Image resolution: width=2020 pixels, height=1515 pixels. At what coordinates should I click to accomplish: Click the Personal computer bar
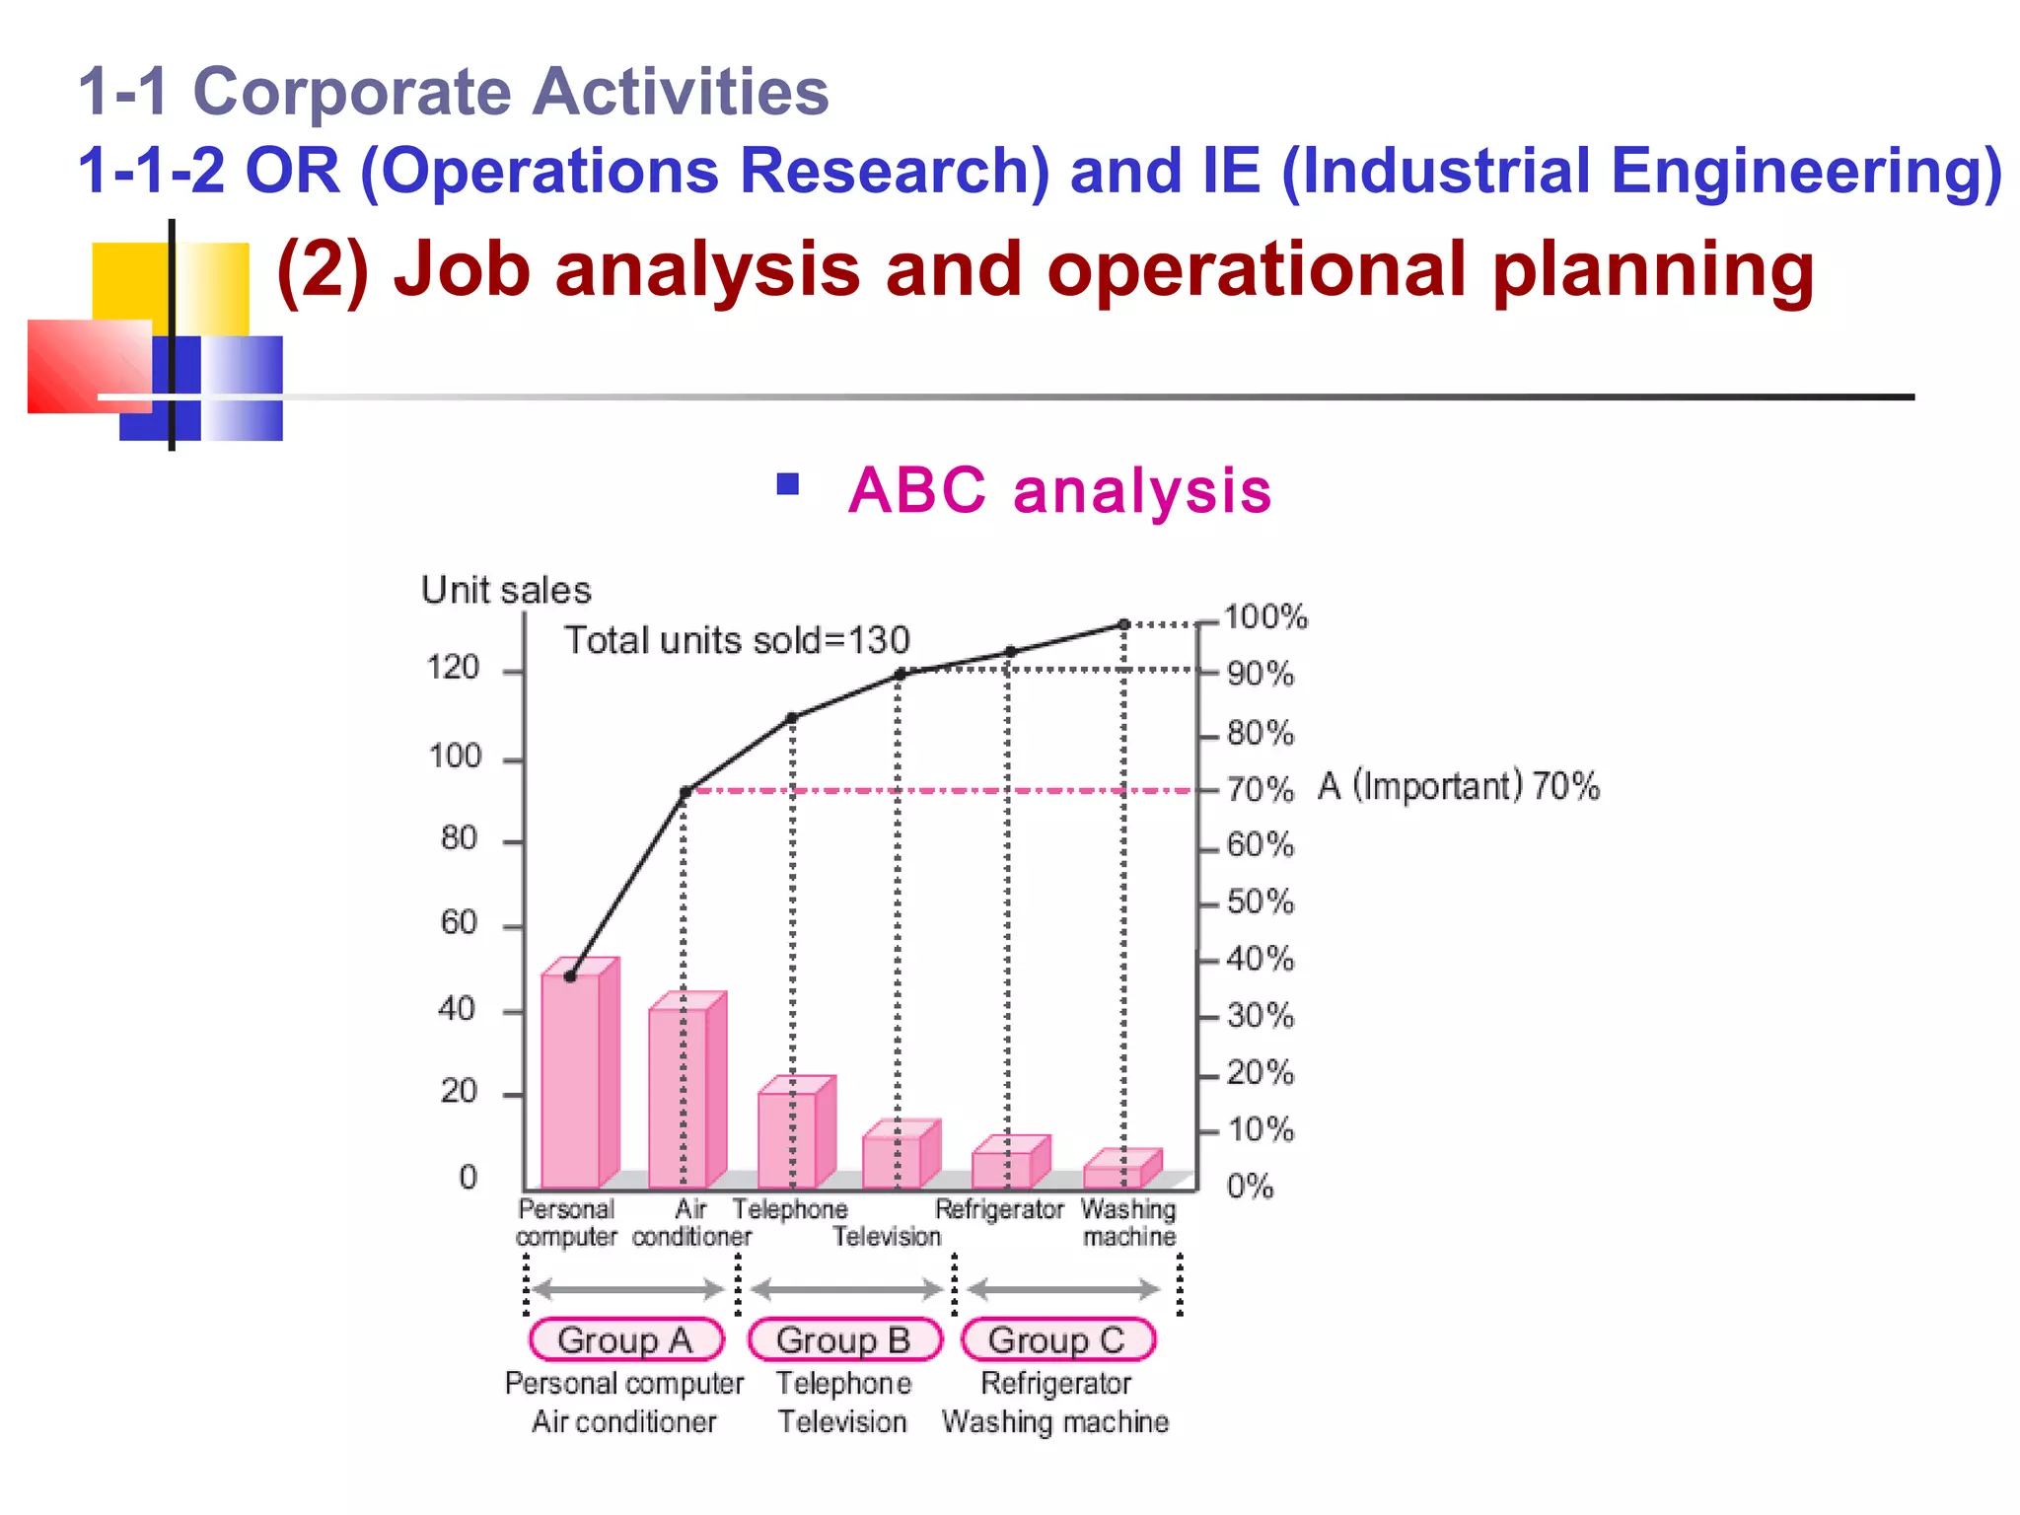572,1080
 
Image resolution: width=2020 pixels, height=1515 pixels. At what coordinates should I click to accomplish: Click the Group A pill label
625,1339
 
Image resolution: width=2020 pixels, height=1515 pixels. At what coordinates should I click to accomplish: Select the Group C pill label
1057,1339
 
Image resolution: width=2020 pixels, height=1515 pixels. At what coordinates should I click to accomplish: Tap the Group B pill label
844,1339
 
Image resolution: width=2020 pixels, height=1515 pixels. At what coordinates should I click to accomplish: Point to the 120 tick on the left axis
453,669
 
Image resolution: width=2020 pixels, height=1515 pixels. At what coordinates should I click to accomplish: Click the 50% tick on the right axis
1260,902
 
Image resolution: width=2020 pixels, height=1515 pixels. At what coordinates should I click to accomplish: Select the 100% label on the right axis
1264,617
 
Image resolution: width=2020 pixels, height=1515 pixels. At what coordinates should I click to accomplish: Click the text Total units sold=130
736,640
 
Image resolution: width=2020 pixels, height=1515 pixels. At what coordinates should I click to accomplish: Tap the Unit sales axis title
506,590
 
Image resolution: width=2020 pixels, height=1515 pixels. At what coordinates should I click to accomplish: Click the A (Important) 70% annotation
1458,786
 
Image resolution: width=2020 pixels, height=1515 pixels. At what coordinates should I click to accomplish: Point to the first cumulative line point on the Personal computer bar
570,975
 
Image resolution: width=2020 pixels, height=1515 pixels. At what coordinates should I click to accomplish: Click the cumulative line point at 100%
1123,624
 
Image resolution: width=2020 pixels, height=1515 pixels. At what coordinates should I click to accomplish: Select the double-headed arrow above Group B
846,1288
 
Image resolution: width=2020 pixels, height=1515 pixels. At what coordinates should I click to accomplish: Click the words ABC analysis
1059,490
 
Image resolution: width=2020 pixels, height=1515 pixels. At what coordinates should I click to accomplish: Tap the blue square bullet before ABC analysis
787,483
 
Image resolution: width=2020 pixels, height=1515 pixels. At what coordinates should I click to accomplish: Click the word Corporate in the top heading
351,92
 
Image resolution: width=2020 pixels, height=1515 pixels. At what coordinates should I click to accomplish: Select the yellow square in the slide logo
130,281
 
